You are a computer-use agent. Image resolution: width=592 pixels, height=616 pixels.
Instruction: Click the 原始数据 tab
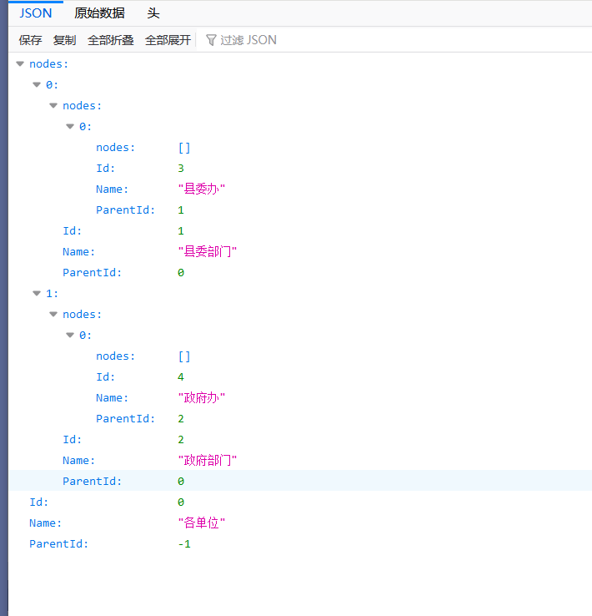pos(99,13)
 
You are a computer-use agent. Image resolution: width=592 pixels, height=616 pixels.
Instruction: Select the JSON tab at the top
pos(36,13)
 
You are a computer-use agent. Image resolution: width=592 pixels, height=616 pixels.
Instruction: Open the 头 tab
pos(153,13)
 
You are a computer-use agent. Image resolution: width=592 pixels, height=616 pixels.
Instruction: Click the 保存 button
pos(31,40)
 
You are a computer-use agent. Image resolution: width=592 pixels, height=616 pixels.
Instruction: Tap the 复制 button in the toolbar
pos(64,40)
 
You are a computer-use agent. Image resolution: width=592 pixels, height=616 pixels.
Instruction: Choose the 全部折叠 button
pos(110,40)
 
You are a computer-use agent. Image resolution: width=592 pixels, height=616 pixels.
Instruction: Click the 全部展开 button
pos(168,40)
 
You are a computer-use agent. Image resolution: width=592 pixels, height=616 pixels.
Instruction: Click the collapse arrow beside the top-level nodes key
pos(20,63)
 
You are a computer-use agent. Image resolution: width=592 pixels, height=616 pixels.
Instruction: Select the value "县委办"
pos(201,189)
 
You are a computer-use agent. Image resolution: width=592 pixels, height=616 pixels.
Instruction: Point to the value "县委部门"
pos(207,251)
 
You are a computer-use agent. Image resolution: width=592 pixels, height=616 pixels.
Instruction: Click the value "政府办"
pos(201,397)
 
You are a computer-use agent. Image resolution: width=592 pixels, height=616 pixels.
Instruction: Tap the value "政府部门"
pos(207,460)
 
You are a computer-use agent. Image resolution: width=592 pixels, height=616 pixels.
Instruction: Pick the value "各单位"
pos(201,523)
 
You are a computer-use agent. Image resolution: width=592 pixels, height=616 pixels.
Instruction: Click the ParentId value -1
pos(184,543)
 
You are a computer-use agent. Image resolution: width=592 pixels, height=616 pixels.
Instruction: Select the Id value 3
pos(181,168)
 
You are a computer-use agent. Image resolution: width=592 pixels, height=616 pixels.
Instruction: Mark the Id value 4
pos(181,376)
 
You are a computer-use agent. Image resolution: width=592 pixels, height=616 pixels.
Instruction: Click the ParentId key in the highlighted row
pos(92,481)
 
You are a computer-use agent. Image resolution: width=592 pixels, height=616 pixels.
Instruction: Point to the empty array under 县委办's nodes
pos(184,147)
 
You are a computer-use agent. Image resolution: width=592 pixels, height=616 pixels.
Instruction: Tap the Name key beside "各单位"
pos(45,523)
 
